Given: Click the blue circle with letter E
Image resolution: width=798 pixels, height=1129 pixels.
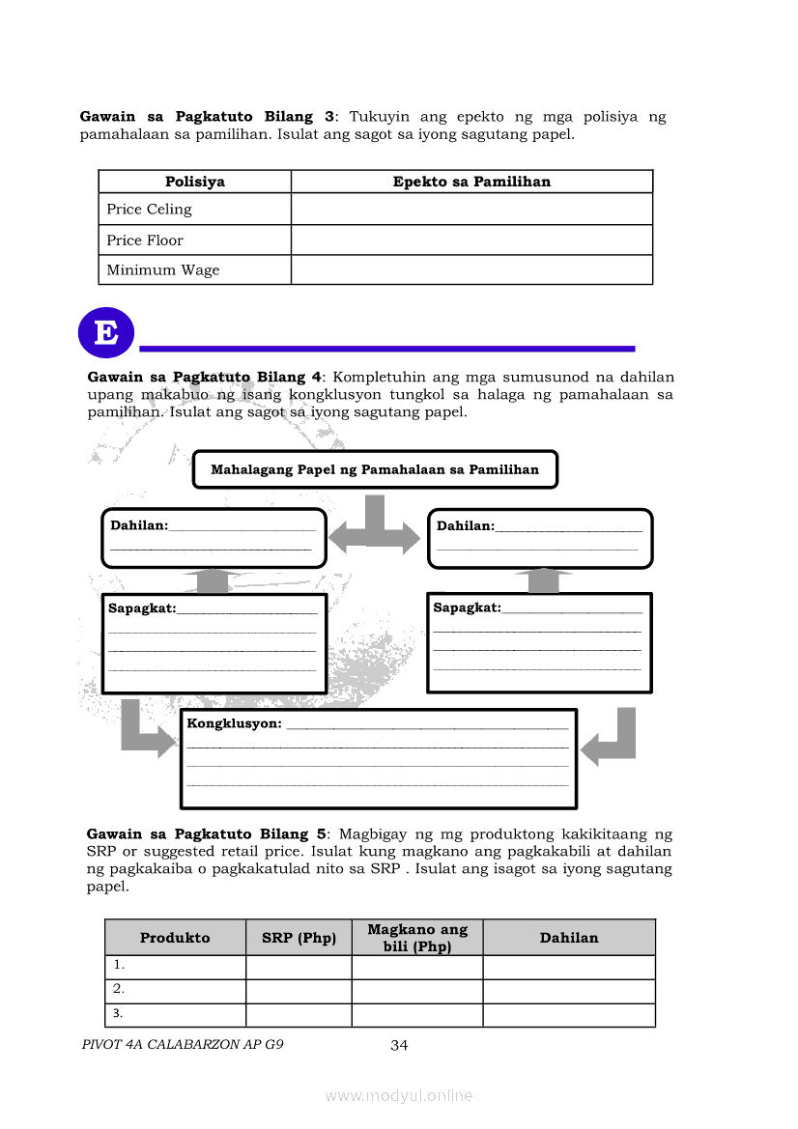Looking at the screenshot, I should click(x=105, y=333).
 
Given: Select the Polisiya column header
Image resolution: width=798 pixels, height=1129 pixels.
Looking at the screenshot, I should click(x=194, y=182).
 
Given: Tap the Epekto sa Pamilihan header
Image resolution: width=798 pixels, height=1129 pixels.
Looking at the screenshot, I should click(x=471, y=182).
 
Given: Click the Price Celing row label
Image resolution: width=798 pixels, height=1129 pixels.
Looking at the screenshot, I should click(x=149, y=210).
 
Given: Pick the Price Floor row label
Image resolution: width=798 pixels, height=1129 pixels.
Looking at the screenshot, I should click(x=145, y=240).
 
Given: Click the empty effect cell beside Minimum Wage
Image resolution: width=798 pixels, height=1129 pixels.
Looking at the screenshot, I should click(x=471, y=270).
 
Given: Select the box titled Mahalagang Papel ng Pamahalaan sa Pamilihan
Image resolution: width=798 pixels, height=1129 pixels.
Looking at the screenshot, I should click(x=375, y=470).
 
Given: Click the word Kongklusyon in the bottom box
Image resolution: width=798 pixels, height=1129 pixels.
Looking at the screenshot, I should click(x=234, y=723).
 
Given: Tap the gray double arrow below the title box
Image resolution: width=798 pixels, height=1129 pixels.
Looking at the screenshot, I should click(x=376, y=530).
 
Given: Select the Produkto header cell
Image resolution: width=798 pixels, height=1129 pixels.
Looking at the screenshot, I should click(x=175, y=938).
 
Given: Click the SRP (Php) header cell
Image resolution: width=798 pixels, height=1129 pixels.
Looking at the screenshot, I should click(x=299, y=938).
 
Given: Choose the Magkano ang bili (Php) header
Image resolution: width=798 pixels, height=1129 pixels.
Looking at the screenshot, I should click(x=417, y=938).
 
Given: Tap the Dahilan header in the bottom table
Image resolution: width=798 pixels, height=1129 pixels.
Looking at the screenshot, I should click(x=569, y=938).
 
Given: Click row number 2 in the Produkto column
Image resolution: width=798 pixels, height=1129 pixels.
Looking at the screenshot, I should click(x=120, y=989).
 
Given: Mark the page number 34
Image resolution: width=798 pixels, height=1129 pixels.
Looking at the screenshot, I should click(x=400, y=1045).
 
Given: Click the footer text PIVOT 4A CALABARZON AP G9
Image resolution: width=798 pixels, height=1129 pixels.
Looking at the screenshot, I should click(x=184, y=1044).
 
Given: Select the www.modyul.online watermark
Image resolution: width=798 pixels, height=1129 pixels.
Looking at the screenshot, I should click(x=399, y=1095).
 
